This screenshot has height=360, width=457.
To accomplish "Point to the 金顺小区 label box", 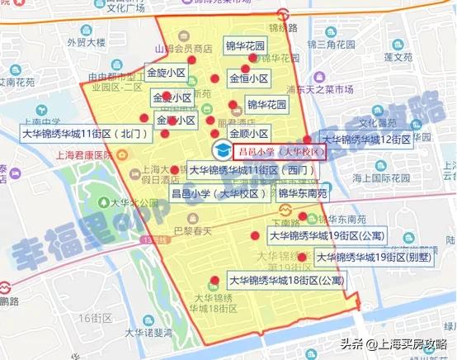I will click(248, 133).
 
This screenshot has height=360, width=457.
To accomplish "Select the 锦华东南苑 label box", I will click(303, 194).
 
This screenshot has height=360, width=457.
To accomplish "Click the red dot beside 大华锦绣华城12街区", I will click(308, 140).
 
